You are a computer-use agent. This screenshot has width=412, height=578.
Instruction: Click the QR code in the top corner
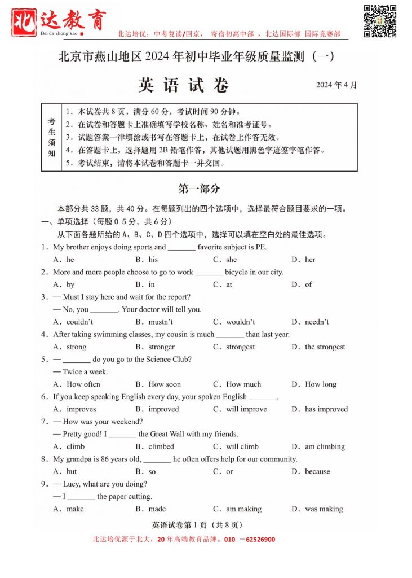(x=379, y=21)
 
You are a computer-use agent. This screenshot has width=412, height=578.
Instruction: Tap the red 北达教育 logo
(x=59, y=22)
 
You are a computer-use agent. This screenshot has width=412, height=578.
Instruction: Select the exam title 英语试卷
(x=184, y=85)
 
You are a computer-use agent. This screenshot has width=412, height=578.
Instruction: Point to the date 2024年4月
(x=336, y=85)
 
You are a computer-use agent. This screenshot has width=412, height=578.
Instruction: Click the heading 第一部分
(x=199, y=189)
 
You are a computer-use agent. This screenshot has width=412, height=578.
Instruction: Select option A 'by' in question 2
(x=70, y=284)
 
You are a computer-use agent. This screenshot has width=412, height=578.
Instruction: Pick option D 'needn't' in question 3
(x=317, y=322)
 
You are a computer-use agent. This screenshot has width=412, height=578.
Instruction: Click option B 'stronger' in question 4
(x=161, y=347)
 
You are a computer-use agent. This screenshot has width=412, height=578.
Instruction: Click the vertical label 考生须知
(x=51, y=137)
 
